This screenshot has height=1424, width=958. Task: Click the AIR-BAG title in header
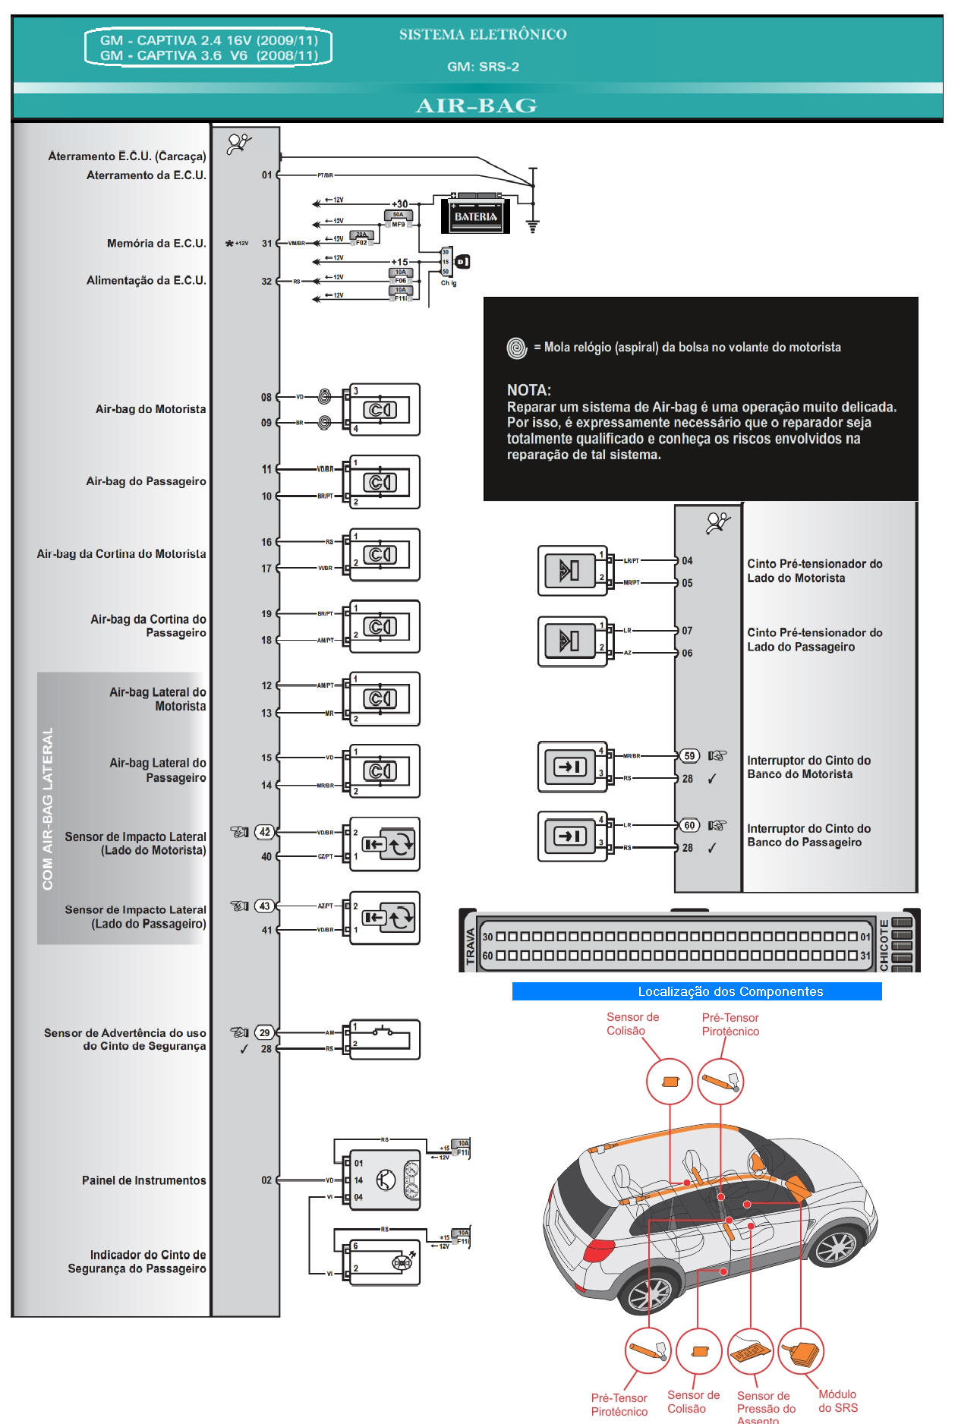point(476,106)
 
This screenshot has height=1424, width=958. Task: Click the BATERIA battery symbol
point(476,216)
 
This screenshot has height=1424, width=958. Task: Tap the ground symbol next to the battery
point(533,225)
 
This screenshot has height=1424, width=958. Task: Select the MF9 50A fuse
point(399,219)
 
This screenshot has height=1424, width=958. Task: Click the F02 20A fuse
point(361,239)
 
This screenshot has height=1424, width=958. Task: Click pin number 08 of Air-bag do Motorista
point(266,397)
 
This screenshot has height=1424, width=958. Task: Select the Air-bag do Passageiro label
point(146,481)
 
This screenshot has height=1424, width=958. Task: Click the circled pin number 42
point(265,832)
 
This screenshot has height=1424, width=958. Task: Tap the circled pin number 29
point(264,1032)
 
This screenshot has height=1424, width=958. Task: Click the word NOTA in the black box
point(529,390)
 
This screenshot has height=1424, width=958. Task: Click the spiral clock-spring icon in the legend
point(517,348)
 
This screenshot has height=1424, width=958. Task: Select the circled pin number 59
point(689,756)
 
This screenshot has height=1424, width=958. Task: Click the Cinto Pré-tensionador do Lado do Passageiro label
point(814,640)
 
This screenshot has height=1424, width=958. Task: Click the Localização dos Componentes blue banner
point(696,991)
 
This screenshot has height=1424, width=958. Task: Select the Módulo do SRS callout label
point(837,1401)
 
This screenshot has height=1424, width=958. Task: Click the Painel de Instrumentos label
point(143,1180)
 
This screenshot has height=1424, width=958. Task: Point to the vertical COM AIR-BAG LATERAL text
point(48,808)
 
